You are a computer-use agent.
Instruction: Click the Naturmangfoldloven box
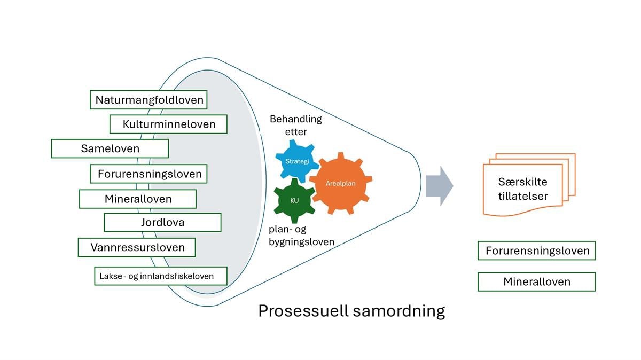tap(149, 99)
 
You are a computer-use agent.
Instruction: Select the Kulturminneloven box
tap(168, 124)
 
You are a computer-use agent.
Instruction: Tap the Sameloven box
tap(110, 148)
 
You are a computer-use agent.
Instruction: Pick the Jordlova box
tap(162, 222)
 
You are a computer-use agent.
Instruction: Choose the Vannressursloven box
tap(136, 247)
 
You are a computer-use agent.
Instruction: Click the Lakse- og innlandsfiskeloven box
tap(160, 276)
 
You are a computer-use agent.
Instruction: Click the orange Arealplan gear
tap(340, 183)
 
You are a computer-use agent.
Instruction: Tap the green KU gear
tap(294, 201)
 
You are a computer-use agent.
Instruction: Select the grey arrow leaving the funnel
tap(439, 185)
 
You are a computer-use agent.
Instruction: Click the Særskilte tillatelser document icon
tap(526, 184)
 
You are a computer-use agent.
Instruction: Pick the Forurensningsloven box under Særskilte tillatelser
tap(536, 251)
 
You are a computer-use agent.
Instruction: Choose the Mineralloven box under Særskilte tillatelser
tap(536, 281)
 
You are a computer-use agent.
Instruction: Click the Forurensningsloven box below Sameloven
tap(149, 174)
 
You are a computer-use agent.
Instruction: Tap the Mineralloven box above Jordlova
tap(138, 199)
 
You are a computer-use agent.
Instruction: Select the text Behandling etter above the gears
tap(295, 125)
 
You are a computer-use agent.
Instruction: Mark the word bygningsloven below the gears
tap(301, 242)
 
